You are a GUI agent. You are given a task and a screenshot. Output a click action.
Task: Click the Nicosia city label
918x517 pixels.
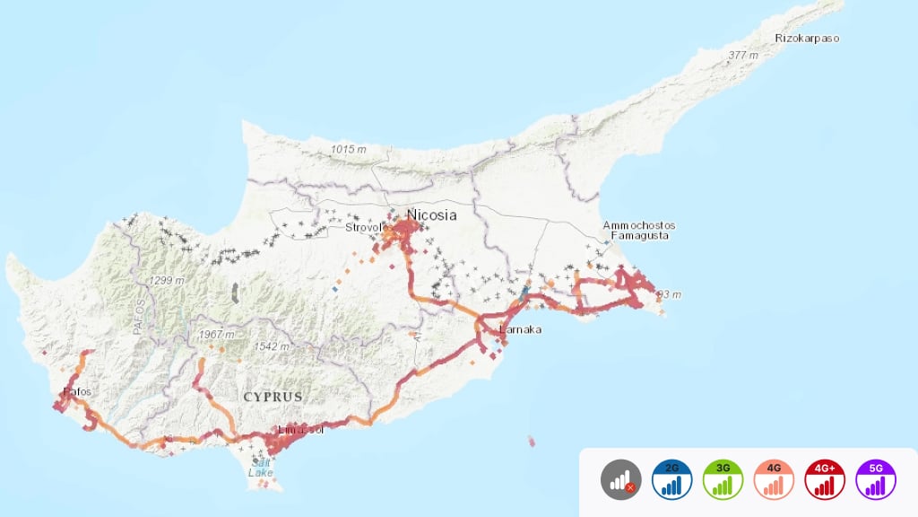431,215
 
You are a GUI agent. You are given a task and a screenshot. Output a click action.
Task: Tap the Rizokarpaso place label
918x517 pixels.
808,39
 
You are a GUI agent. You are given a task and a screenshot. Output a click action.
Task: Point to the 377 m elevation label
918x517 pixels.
743,56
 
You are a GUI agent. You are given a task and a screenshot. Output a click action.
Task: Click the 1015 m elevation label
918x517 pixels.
350,149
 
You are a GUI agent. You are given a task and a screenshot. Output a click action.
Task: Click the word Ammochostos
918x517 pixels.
639,225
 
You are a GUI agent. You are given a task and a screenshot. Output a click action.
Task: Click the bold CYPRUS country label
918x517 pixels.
273,396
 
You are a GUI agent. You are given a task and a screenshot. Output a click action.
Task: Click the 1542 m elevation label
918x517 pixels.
272,346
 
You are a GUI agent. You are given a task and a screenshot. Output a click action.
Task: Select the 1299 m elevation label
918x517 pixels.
167,281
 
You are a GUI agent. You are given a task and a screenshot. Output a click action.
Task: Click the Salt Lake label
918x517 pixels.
261,467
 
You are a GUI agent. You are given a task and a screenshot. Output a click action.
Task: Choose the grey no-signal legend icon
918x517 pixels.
621,480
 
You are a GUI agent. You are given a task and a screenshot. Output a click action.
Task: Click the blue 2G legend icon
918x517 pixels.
672,480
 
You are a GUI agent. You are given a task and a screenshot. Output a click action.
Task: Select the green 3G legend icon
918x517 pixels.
723,480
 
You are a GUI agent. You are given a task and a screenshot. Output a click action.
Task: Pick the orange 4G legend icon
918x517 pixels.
775,480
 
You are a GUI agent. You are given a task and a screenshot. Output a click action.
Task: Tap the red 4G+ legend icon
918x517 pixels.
826,480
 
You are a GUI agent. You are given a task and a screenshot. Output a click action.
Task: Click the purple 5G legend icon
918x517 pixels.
877,480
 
